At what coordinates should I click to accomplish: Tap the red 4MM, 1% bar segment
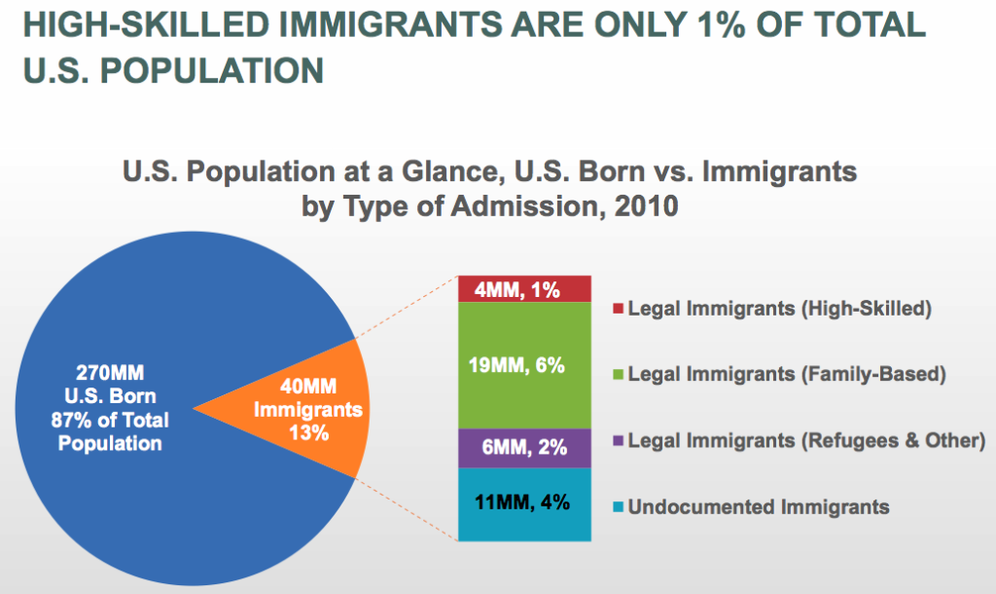coord(524,289)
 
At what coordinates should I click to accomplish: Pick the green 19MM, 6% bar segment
coord(524,365)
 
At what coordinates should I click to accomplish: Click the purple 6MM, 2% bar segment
coord(524,448)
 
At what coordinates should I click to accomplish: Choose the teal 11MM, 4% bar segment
coord(524,503)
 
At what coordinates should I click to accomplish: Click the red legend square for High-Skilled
coord(618,310)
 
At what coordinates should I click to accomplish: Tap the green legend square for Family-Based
coord(618,374)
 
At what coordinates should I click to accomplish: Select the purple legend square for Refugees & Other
coord(618,441)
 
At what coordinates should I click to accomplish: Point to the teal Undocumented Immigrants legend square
coord(618,507)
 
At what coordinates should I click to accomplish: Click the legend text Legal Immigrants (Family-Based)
coord(788,373)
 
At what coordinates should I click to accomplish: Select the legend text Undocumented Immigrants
coord(759,506)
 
